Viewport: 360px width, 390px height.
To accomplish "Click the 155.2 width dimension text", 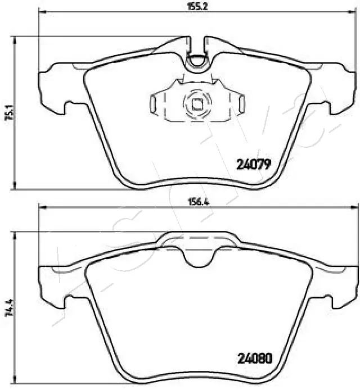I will point(193,7).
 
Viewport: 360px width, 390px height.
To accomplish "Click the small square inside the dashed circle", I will point(197,103).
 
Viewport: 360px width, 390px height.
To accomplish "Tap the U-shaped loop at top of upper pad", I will point(197,61).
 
